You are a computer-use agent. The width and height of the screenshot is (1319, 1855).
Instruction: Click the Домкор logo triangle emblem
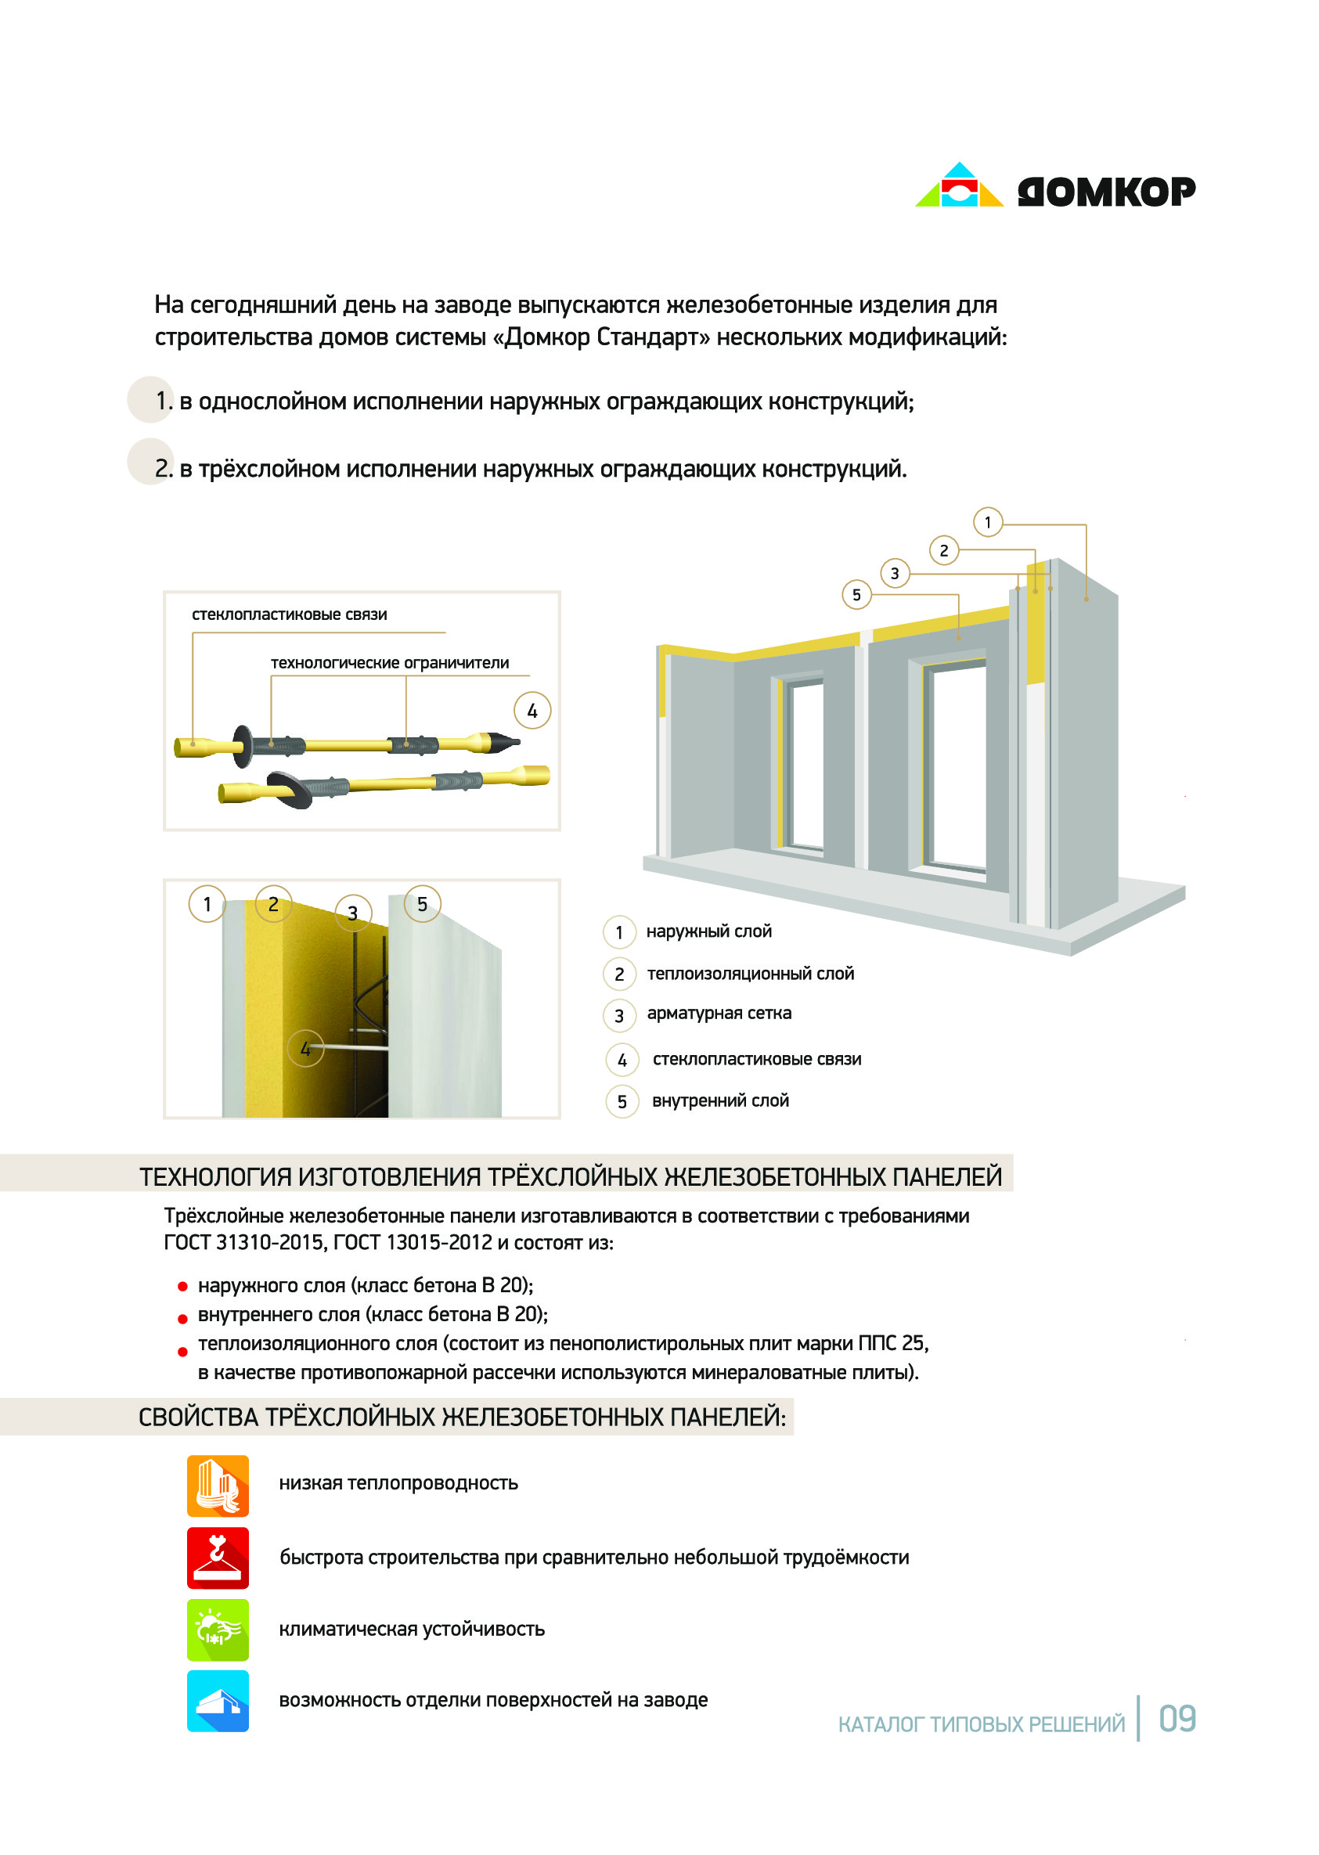click(x=958, y=186)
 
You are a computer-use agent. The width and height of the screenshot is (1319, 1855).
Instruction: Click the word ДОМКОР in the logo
click(x=1106, y=193)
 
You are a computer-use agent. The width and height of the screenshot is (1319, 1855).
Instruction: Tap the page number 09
click(x=1177, y=1720)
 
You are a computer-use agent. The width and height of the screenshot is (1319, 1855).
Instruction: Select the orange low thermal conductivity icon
click(x=218, y=1486)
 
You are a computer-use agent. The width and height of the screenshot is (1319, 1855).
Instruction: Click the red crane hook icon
click(x=218, y=1558)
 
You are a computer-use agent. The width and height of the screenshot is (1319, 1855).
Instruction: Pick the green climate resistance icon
click(x=218, y=1630)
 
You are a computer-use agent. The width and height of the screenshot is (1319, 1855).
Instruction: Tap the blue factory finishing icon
click(x=218, y=1701)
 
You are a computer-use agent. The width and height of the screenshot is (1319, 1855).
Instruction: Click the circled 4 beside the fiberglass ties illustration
click(x=532, y=711)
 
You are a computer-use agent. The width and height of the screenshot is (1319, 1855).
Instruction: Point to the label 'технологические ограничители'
click(x=390, y=663)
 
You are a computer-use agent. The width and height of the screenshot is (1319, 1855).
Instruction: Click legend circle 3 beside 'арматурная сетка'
click(x=619, y=1015)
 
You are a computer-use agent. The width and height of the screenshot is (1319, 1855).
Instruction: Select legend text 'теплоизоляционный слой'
click(x=751, y=973)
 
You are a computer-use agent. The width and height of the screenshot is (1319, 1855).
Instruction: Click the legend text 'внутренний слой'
click(x=720, y=1100)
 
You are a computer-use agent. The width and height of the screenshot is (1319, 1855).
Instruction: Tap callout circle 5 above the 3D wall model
click(x=856, y=595)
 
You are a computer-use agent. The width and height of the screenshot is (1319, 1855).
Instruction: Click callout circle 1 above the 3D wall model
click(x=988, y=522)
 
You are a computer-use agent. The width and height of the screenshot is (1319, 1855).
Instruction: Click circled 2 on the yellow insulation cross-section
click(x=273, y=904)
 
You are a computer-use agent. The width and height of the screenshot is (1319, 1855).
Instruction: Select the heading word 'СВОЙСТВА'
click(x=198, y=1417)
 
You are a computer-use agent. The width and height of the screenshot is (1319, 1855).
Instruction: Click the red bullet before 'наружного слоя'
click(x=182, y=1287)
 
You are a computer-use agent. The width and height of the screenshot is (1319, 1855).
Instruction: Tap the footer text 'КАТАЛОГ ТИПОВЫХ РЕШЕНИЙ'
click(x=981, y=1724)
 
